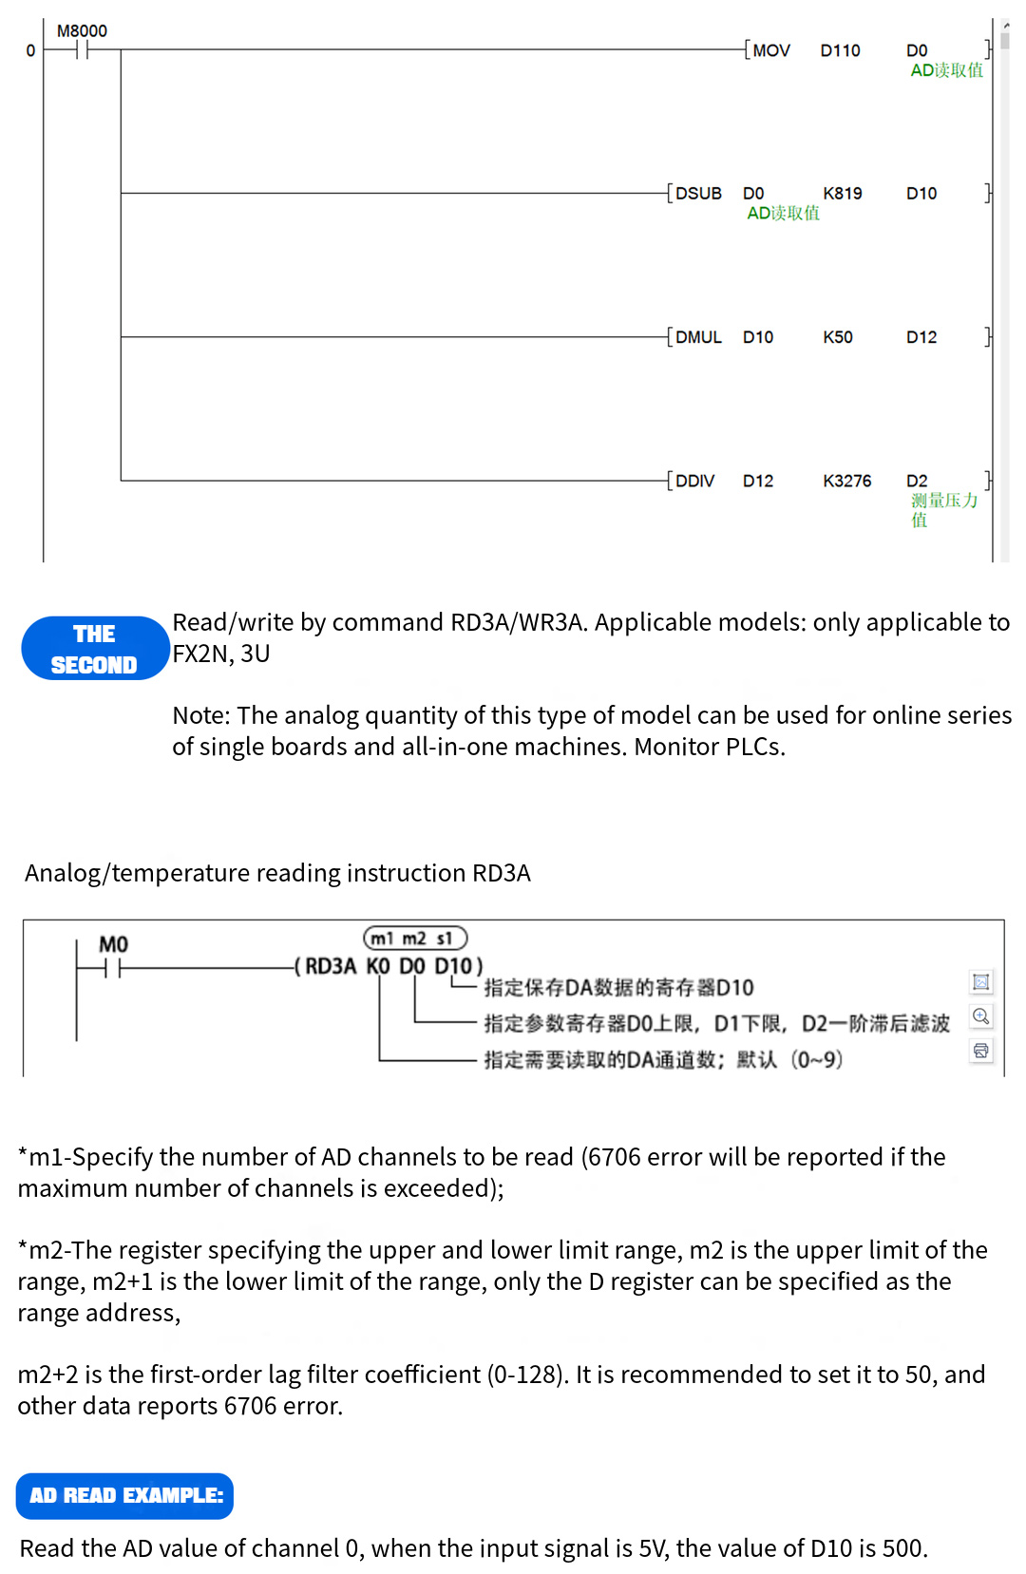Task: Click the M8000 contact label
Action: pos(82,31)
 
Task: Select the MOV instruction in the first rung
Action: pos(770,50)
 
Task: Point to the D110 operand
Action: pos(840,50)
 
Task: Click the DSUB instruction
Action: pos(698,194)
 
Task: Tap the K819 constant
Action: pos(842,194)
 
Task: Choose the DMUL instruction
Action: pos(698,337)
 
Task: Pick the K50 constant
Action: pos(837,337)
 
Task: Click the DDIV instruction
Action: pos(694,481)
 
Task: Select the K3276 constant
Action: pos(846,481)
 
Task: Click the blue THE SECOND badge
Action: pos(94,649)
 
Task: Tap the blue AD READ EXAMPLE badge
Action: pos(125,1495)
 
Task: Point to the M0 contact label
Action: pos(113,944)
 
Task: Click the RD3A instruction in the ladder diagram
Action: pos(331,967)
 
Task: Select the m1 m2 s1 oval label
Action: pos(415,939)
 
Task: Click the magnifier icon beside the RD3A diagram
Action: pos(981,1016)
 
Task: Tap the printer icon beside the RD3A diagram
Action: pos(981,1051)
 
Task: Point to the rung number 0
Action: pos(30,50)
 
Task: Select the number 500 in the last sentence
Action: pos(902,1548)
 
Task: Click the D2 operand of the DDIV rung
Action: pos(916,481)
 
